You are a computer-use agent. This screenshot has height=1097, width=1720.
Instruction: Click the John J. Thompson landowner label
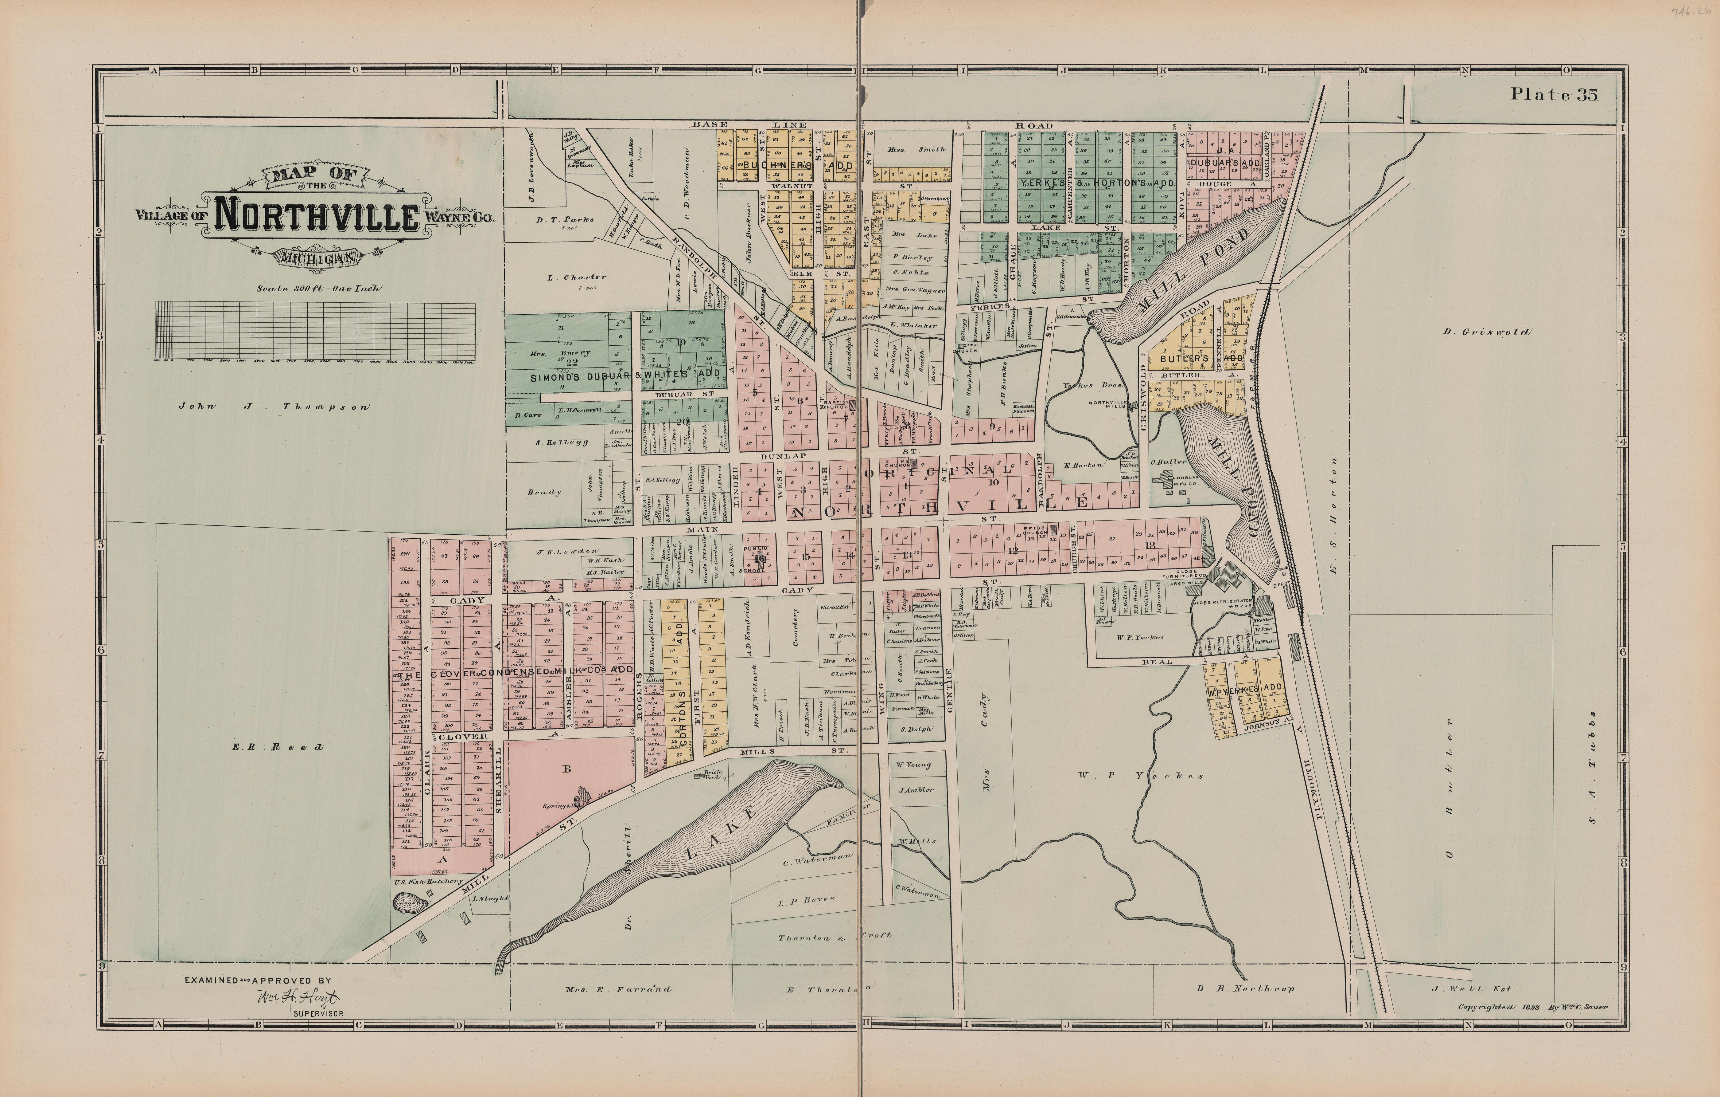click(x=274, y=407)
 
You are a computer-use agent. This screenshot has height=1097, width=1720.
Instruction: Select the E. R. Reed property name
click(x=277, y=748)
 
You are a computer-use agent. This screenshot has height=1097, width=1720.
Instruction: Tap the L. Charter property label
click(x=576, y=277)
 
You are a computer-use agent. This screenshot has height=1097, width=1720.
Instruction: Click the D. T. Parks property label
click(x=565, y=220)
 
